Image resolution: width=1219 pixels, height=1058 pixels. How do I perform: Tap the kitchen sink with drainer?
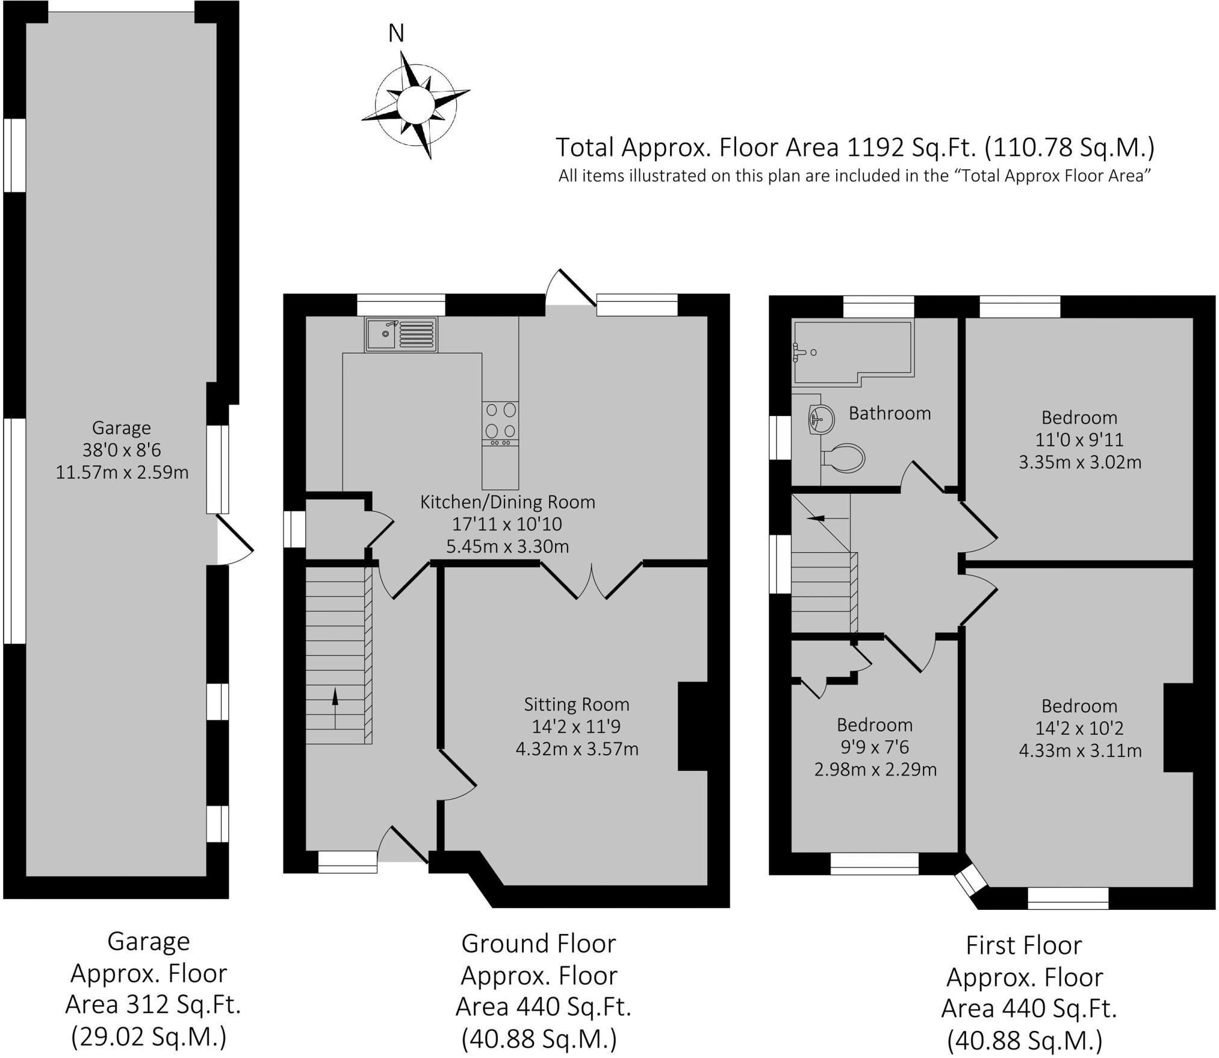(x=400, y=334)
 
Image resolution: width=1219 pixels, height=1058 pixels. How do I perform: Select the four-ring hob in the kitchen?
(x=500, y=424)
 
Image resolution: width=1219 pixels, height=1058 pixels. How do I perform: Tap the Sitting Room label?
(x=576, y=704)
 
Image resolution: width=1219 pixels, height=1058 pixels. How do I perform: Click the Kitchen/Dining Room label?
(x=507, y=502)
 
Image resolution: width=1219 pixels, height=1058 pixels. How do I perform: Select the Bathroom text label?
(x=890, y=413)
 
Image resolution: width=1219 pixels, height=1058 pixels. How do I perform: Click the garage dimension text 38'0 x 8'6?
(x=122, y=450)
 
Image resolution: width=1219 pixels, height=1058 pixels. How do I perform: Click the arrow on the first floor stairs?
(x=827, y=517)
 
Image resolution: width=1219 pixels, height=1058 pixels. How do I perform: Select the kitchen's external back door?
(x=569, y=288)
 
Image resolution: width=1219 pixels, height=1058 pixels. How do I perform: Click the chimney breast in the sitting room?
(x=692, y=726)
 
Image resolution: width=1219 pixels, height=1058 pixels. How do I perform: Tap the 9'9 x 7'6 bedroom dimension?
(x=875, y=747)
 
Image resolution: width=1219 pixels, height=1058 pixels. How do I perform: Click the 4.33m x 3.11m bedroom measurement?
(x=1080, y=751)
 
